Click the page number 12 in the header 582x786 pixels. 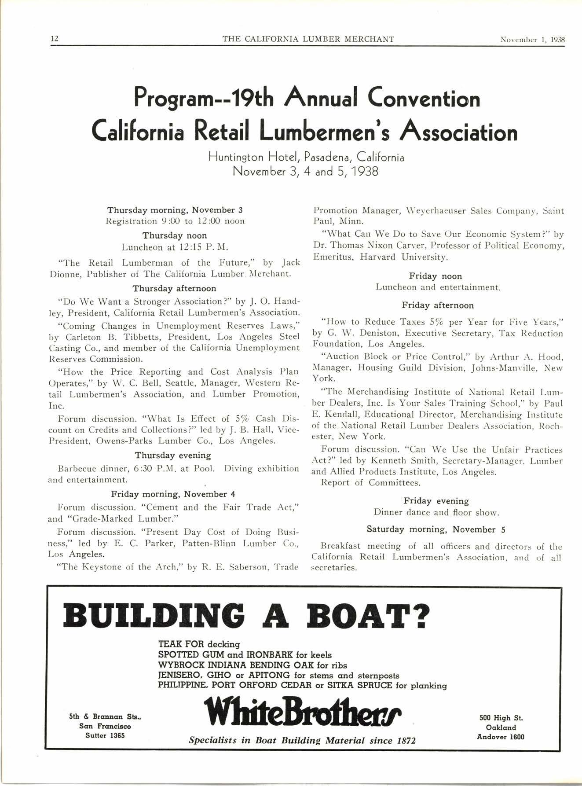pos(55,39)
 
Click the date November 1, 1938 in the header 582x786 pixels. pos(532,39)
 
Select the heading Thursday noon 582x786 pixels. pos(174,235)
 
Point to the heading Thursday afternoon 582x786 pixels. pos(174,289)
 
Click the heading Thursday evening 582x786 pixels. pos(173,455)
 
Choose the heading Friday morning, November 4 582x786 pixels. pos(173,494)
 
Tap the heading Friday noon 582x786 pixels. pos(436,276)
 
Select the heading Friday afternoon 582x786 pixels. pos(438,305)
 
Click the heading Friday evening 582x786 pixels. pos(436,501)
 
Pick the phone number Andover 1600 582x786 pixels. pos(501,737)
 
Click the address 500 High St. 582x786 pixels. pos(501,718)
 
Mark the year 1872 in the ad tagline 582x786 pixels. pos(403,741)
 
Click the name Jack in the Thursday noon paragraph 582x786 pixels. pos(290,263)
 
